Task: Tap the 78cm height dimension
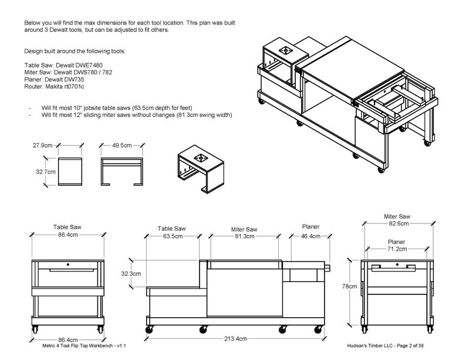tap(350, 287)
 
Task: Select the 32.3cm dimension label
tap(130, 273)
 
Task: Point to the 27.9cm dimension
tap(43, 144)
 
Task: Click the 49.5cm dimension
tap(122, 144)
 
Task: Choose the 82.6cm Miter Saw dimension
tap(399, 223)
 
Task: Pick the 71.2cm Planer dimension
tap(397, 249)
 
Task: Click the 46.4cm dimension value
tap(310, 236)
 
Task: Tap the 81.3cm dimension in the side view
tap(244, 236)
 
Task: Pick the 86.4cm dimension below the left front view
tap(67, 339)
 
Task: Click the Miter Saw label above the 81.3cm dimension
tap(244, 229)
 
